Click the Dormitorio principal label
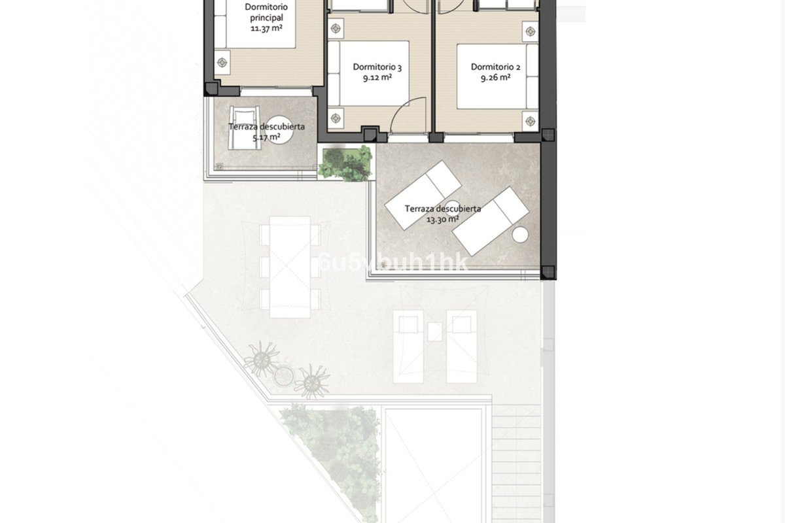pos(266,12)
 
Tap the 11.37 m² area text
pos(267,28)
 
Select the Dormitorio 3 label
pos(377,67)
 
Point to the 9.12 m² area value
pos(377,77)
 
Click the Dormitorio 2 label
pos(495,67)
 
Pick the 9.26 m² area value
pos(495,77)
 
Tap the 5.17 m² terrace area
pos(266,137)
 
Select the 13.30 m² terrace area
pos(443,219)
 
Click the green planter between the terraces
pos(345,163)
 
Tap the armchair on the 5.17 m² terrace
pos(244,127)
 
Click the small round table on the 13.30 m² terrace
pos(520,235)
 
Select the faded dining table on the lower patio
pos(290,267)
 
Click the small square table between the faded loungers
pos(434,331)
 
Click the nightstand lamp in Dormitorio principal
pos(222,62)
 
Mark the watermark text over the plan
pos(394,263)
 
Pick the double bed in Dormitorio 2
pos(497,76)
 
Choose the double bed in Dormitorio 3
pos(369,74)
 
